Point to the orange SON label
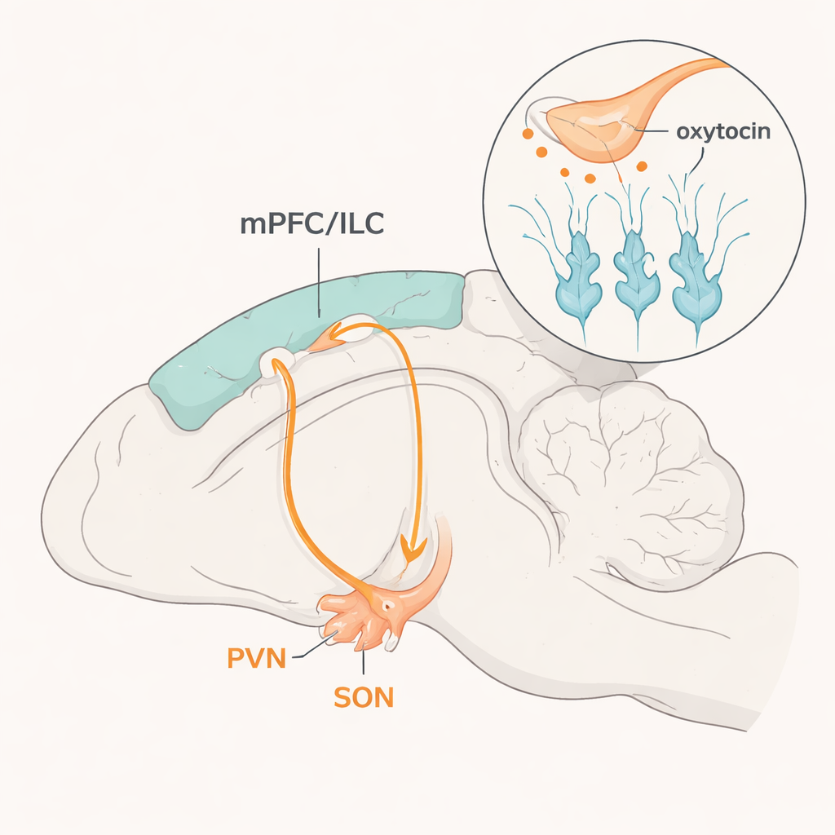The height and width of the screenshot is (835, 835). (x=364, y=697)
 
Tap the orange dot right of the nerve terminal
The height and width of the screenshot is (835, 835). (x=642, y=166)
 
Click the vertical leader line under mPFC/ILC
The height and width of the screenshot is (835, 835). (x=319, y=281)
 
